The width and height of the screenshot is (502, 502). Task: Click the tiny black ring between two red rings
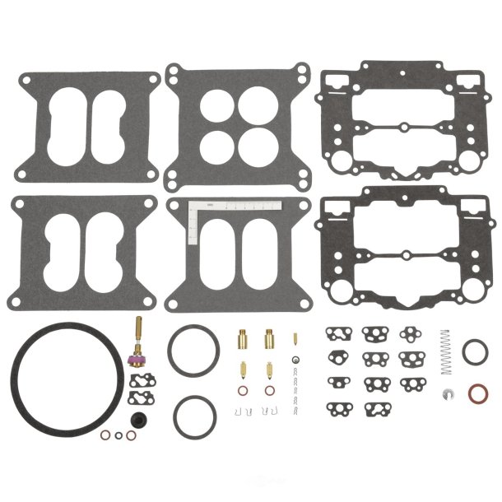click(120, 436)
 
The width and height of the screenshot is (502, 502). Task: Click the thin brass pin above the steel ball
click(294, 339)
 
